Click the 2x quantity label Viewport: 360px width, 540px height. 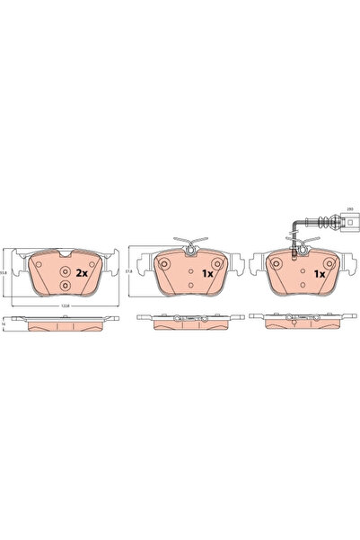82,272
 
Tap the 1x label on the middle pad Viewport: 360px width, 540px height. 206,272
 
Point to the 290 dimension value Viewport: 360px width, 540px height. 351,208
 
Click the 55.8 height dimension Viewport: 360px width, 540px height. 4,272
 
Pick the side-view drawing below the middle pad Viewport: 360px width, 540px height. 187,319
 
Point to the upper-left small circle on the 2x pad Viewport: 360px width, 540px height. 39,264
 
